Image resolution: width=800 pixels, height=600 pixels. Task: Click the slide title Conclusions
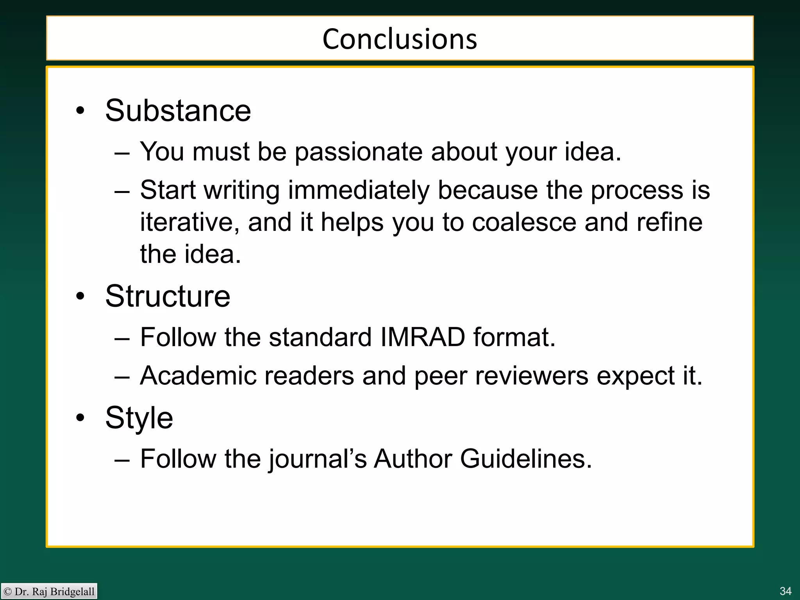[400, 39]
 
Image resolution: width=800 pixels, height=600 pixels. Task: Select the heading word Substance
[178, 111]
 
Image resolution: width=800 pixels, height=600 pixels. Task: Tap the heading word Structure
[168, 296]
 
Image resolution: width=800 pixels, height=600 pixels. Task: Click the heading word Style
[139, 418]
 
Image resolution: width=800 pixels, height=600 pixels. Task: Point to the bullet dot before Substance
[80, 111]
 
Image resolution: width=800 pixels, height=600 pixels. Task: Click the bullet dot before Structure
[80, 296]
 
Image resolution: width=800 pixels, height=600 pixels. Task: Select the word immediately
[359, 191]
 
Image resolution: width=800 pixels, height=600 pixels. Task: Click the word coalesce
[524, 222]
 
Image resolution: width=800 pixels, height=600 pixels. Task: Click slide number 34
[785, 591]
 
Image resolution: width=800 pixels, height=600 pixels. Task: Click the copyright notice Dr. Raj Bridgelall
[50, 591]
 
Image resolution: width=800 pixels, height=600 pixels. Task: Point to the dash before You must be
[122, 153]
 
